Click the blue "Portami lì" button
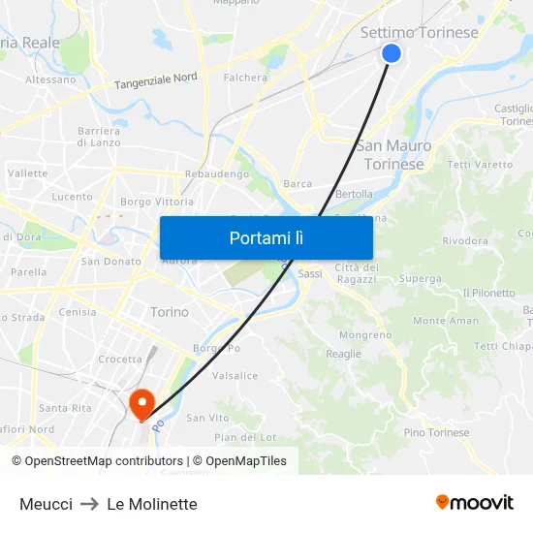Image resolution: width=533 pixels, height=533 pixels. (x=266, y=237)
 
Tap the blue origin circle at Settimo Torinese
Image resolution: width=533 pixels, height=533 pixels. (x=392, y=53)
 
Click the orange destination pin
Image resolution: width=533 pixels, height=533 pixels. (x=141, y=403)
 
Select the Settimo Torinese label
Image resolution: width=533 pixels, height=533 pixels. (x=419, y=32)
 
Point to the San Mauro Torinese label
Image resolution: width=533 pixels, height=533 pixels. (x=393, y=155)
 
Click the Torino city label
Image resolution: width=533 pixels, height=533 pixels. (x=170, y=312)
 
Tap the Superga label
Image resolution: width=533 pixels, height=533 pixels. (x=420, y=278)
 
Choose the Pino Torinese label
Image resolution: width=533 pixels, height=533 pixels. (x=436, y=432)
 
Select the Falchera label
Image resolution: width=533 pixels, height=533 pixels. (x=245, y=78)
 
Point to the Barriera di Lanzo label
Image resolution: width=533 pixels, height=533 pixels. (x=98, y=137)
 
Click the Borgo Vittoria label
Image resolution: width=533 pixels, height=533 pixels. (x=156, y=202)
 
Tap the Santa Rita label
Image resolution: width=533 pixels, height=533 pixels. (x=66, y=408)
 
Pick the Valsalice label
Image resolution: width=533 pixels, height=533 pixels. (x=235, y=375)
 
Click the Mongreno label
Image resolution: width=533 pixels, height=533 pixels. (x=365, y=334)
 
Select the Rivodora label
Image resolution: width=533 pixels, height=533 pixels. (x=464, y=240)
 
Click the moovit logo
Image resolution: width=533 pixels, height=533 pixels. (x=475, y=502)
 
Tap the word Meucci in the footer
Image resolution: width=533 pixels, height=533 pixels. (x=46, y=504)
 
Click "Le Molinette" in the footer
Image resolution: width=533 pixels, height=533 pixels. (x=152, y=504)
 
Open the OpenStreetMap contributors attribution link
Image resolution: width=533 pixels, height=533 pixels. (x=103, y=461)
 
